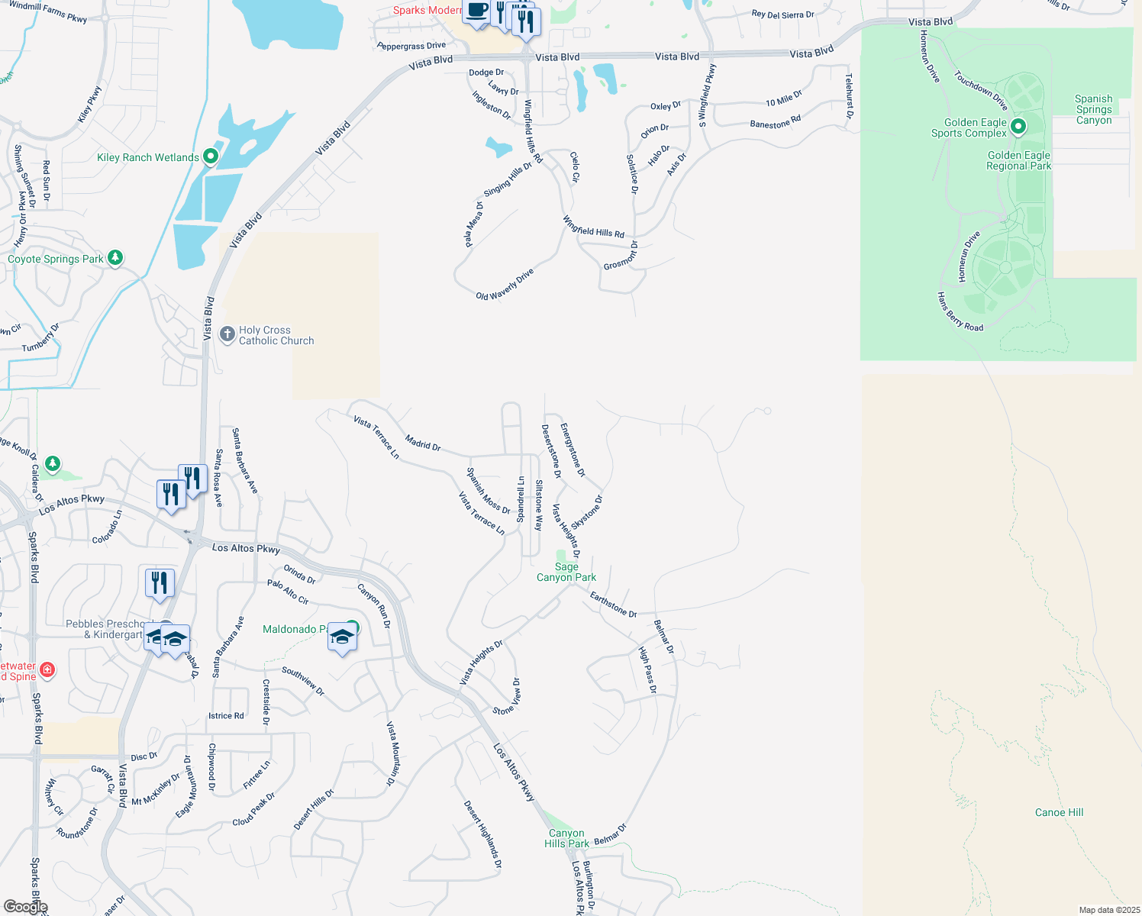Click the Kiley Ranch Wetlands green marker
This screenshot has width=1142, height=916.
click(x=211, y=157)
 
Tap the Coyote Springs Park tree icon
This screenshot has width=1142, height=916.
click(x=115, y=258)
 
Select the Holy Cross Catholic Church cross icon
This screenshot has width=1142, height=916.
click(x=227, y=334)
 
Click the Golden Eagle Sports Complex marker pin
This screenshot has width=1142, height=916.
click(x=1018, y=127)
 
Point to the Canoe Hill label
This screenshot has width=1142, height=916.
click(x=1059, y=812)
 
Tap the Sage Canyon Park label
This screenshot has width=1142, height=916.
click(x=566, y=572)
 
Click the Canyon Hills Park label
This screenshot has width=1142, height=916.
click(x=566, y=838)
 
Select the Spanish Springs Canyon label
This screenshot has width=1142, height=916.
click(x=1093, y=109)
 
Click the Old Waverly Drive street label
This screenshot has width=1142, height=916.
click(x=505, y=285)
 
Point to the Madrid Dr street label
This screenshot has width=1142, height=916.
click(x=423, y=443)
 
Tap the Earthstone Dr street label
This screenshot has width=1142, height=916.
click(x=613, y=605)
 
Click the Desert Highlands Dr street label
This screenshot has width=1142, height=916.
click(x=482, y=834)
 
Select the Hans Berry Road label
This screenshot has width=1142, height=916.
click(x=960, y=311)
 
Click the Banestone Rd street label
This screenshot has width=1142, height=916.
click(x=775, y=121)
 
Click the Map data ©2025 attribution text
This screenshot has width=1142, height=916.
click(x=1108, y=910)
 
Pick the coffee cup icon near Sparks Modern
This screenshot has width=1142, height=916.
click(x=478, y=11)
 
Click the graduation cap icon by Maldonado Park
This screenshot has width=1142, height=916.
click(x=342, y=637)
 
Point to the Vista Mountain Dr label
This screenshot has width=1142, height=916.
click(x=392, y=753)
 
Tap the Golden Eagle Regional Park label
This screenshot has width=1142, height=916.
click(x=1018, y=160)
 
